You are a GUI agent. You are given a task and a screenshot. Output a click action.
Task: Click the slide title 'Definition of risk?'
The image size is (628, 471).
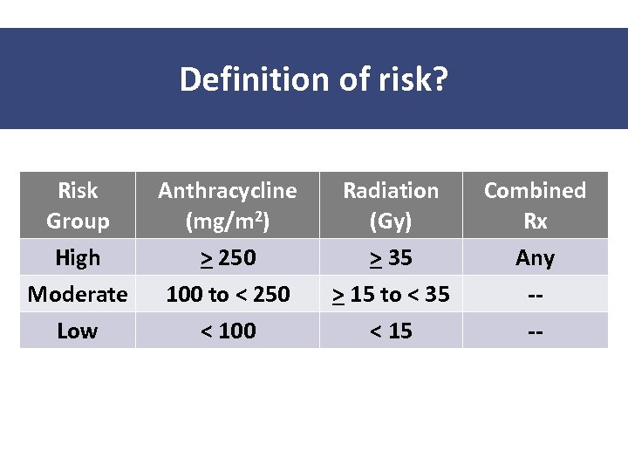(314, 79)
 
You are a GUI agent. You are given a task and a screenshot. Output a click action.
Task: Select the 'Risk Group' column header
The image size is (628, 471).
(78, 205)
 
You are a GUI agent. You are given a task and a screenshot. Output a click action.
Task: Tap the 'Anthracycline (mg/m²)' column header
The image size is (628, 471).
(227, 205)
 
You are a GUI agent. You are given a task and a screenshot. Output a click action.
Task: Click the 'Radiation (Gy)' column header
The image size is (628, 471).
(391, 205)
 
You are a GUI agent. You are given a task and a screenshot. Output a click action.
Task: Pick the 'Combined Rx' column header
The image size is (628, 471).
(535, 205)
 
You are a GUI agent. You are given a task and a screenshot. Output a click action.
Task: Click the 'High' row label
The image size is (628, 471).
(78, 257)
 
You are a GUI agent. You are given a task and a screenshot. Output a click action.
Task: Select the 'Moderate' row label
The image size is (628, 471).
(78, 294)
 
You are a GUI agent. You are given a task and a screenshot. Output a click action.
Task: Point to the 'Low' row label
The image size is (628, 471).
(78, 331)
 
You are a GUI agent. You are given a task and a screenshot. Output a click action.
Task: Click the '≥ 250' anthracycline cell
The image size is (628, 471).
(227, 257)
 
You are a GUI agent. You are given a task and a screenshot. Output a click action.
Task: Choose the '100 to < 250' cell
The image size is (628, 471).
(227, 294)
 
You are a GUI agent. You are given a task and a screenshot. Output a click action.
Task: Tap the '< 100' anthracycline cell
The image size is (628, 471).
(227, 331)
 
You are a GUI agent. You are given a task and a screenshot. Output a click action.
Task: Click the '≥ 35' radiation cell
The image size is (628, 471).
(391, 257)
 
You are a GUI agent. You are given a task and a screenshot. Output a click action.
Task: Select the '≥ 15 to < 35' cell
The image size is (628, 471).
(391, 294)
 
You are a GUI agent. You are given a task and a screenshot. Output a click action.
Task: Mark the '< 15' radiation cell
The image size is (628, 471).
(391, 331)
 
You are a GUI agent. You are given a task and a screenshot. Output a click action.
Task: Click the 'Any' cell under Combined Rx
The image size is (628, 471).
(535, 257)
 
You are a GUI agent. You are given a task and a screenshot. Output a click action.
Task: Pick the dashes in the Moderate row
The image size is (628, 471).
(535, 295)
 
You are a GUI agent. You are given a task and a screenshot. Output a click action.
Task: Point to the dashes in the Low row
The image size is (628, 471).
(535, 331)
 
